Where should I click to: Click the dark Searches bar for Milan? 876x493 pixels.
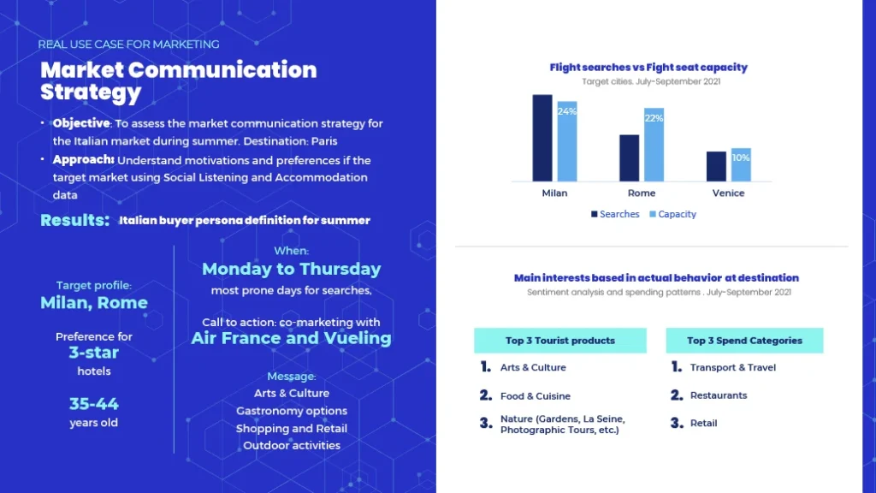tap(542, 138)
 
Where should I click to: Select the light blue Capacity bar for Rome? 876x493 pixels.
tap(654, 146)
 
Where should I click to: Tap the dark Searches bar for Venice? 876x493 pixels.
tap(716, 166)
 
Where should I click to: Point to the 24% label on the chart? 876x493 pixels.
tap(567, 111)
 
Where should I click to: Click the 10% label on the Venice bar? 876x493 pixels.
tap(741, 157)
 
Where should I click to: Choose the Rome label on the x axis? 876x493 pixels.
tap(642, 193)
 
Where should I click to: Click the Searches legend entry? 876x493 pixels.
tap(615, 214)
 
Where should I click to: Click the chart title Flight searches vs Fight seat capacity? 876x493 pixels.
tap(648, 68)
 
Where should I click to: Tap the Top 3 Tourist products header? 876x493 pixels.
tap(560, 341)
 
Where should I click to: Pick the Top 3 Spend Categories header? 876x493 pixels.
tap(744, 341)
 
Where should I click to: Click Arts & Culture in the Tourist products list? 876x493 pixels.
tap(533, 368)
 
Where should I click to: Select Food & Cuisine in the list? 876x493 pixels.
tap(536, 396)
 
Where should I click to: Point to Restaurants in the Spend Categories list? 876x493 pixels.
tap(719, 395)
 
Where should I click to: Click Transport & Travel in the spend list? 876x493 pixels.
tap(732, 368)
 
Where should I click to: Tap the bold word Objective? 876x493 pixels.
tap(81, 123)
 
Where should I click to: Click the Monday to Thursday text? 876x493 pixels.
tap(292, 269)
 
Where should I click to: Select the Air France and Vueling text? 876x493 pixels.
tap(292, 338)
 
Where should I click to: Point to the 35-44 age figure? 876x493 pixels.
tap(94, 404)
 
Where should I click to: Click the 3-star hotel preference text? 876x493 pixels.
tap(94, 353)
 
